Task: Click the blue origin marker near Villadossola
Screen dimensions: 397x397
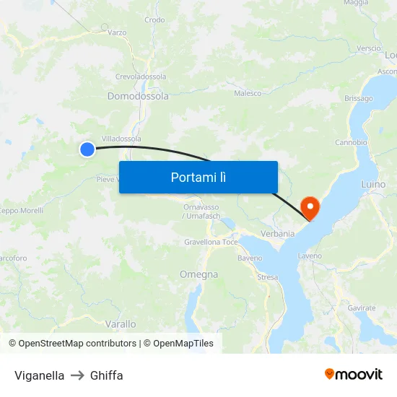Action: [x=87, y=149]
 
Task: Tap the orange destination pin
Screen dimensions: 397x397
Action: [x=310, y=206]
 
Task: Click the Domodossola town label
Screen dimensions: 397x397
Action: [x=138, y=96]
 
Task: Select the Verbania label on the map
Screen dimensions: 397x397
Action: [x=278, y=234]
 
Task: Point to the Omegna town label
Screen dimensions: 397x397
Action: [x=198, y=274]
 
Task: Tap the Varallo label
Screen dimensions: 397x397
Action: [x=121, y=324]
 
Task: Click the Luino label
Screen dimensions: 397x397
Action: [x=373, y=185]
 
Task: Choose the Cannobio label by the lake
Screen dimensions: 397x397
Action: [x=352, y=142]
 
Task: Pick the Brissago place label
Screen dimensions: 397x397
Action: [x=359, y=98]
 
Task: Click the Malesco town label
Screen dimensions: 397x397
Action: [x=248, y=93]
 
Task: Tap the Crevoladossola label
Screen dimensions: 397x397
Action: [x=141, y=77]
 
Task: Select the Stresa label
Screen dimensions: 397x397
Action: [x=267, y=276]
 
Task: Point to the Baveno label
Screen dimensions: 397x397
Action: [x=250, y=258]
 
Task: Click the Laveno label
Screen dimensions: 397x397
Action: [x=309, y=256]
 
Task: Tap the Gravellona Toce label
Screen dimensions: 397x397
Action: [x=211, y=242]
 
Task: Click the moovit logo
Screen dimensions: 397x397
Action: [x=354, y=375]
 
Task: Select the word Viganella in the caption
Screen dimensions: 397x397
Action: [x=39, y=375]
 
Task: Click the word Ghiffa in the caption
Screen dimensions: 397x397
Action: [x=107, y=375]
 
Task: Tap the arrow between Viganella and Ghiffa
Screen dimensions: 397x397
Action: [x=77, y=375]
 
